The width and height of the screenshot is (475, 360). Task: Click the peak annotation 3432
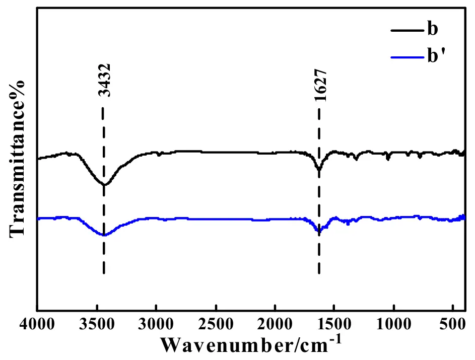(104, 81)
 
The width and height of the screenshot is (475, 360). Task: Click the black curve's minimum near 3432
(104, 185)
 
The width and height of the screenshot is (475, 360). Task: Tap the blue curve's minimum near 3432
(104, 235)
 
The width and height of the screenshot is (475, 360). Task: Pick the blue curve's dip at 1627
(318, 231)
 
